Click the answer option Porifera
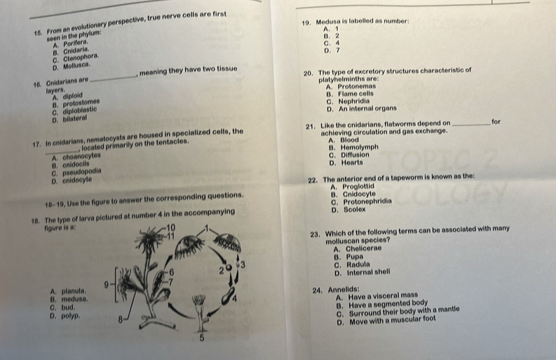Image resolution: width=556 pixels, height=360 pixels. (76, 44)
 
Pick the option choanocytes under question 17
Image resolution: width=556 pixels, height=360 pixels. (81, 156)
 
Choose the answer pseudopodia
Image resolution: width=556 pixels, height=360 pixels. (82, 172)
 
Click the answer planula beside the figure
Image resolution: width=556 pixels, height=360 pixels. (74, 291)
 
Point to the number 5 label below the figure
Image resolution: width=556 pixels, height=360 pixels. (201, 338)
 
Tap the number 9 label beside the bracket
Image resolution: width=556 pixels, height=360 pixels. (107, 284)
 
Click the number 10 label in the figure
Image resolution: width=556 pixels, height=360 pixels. (170, 227)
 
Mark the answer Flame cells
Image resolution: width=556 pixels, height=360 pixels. (355, 94)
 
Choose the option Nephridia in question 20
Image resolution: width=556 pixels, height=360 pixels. (354, 101)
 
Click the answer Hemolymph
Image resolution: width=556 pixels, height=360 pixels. (360, 147)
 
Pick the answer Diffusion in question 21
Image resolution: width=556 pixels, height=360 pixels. (355, 155)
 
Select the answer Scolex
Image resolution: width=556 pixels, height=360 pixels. (355, 209)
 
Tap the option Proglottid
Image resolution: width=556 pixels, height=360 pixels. (358, 187)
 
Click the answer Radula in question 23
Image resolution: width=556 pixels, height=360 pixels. (358, 265)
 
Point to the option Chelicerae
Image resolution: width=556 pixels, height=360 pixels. (364, 248)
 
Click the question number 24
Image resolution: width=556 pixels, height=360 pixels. (318, 291)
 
